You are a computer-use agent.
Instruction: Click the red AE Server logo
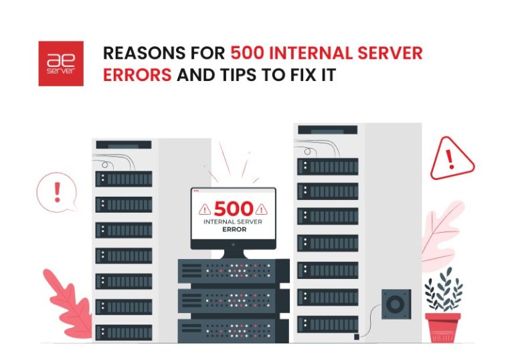tap(61, 64)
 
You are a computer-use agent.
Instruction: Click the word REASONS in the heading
tap(138, 54)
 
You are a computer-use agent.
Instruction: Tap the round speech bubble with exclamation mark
tap(56, 192)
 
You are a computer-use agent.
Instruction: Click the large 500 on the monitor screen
tap(232, 207)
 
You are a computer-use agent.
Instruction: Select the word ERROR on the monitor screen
tap(232, 229)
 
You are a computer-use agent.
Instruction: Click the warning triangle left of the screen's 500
tap(205, 208)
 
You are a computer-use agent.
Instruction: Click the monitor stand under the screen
tap(233, 253)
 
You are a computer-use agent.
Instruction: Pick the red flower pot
tap(442, 327)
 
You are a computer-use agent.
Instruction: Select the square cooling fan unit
tap(396, 305)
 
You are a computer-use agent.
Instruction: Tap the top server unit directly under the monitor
tap(232, 270)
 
